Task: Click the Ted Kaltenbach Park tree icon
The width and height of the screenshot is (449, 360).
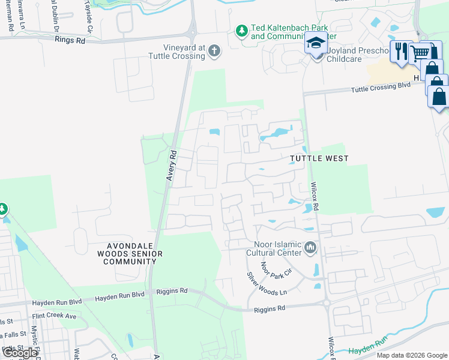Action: (241, 30)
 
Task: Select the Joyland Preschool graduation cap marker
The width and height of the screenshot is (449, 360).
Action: (316, 43)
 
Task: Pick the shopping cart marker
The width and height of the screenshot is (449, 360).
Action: (420, 53)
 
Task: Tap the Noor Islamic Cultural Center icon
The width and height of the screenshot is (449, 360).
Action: (310, 247)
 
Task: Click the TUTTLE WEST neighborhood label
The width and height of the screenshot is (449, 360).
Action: (319, 158)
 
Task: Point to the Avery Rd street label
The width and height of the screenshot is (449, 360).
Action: (170, 165)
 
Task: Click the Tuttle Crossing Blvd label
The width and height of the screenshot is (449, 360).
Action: (381, 86)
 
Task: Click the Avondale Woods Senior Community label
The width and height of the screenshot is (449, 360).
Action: (127, 254)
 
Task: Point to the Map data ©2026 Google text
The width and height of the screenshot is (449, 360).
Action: (411, 355)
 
